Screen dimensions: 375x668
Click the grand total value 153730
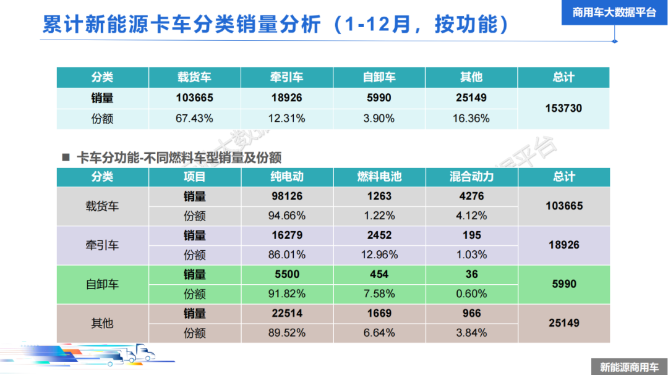click(x=563, y=108)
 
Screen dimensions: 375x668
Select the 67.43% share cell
click(x=194, y=118)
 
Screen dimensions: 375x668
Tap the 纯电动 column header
click(x=287, y=177)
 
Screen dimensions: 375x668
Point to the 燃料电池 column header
click(x=379, y=177)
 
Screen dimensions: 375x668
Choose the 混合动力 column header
click(x=471, y=177)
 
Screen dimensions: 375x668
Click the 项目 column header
click(x=194, y=177)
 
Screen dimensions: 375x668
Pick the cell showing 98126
click(x=287, y=196)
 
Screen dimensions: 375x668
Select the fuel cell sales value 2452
click(x=379, y=235)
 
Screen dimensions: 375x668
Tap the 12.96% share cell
click(x=379, y=255)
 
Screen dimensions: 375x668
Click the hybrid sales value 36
click(x=471, y=274)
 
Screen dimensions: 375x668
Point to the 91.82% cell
click(x=287, y=293)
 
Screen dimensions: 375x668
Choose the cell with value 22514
click(x=287, y=313)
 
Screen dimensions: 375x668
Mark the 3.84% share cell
click(x=471, y=332)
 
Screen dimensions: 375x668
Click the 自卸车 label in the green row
click(x=102, y=284)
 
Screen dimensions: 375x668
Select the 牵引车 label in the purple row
click(x=102, y=245)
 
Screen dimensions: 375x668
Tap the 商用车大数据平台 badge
click(x=614, y=12)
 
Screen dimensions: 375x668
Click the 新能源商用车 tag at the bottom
click(x=629, y=367)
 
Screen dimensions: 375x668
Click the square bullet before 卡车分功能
click(x=66, y=157)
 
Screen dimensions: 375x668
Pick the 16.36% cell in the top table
click(x=471, y=118)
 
